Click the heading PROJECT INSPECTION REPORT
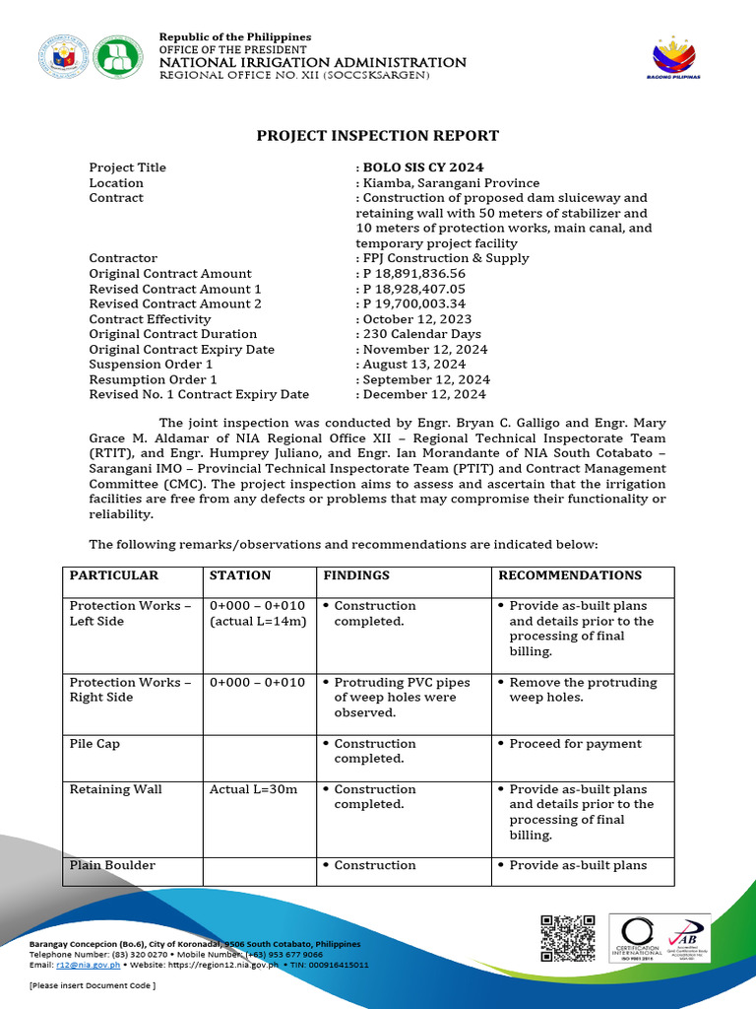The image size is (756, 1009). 378,136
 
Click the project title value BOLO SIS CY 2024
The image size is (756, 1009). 422,168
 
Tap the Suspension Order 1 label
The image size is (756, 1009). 151,365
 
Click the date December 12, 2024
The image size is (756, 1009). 423,395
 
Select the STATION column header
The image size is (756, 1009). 240,575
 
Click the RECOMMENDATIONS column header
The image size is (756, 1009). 570,575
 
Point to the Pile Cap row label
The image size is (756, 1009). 94,744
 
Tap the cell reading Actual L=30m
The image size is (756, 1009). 253,789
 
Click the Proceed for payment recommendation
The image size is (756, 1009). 575,744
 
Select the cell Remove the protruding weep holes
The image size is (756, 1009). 582,690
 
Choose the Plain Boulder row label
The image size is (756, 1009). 112,865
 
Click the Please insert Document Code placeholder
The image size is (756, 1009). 93,985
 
